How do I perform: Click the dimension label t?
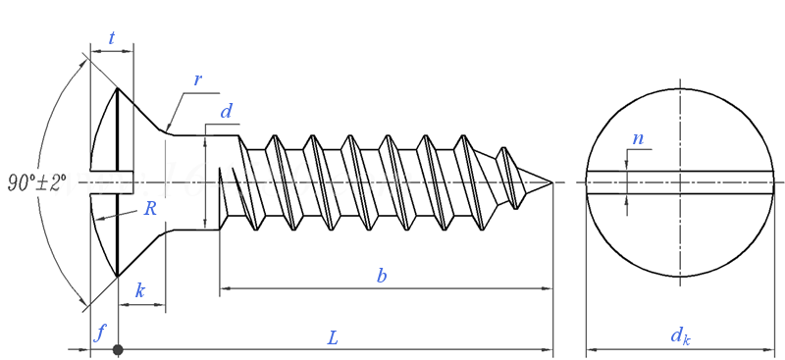(111, 38)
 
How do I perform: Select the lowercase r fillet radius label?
(198, 80)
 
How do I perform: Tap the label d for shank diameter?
(227, 111)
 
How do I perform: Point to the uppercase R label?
(150, 208)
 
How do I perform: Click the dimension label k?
(140, 290)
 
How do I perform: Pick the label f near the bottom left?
(101, 332)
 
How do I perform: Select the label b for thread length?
(382, 276)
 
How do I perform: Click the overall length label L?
(333, 338)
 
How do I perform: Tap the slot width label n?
(638, 138)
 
